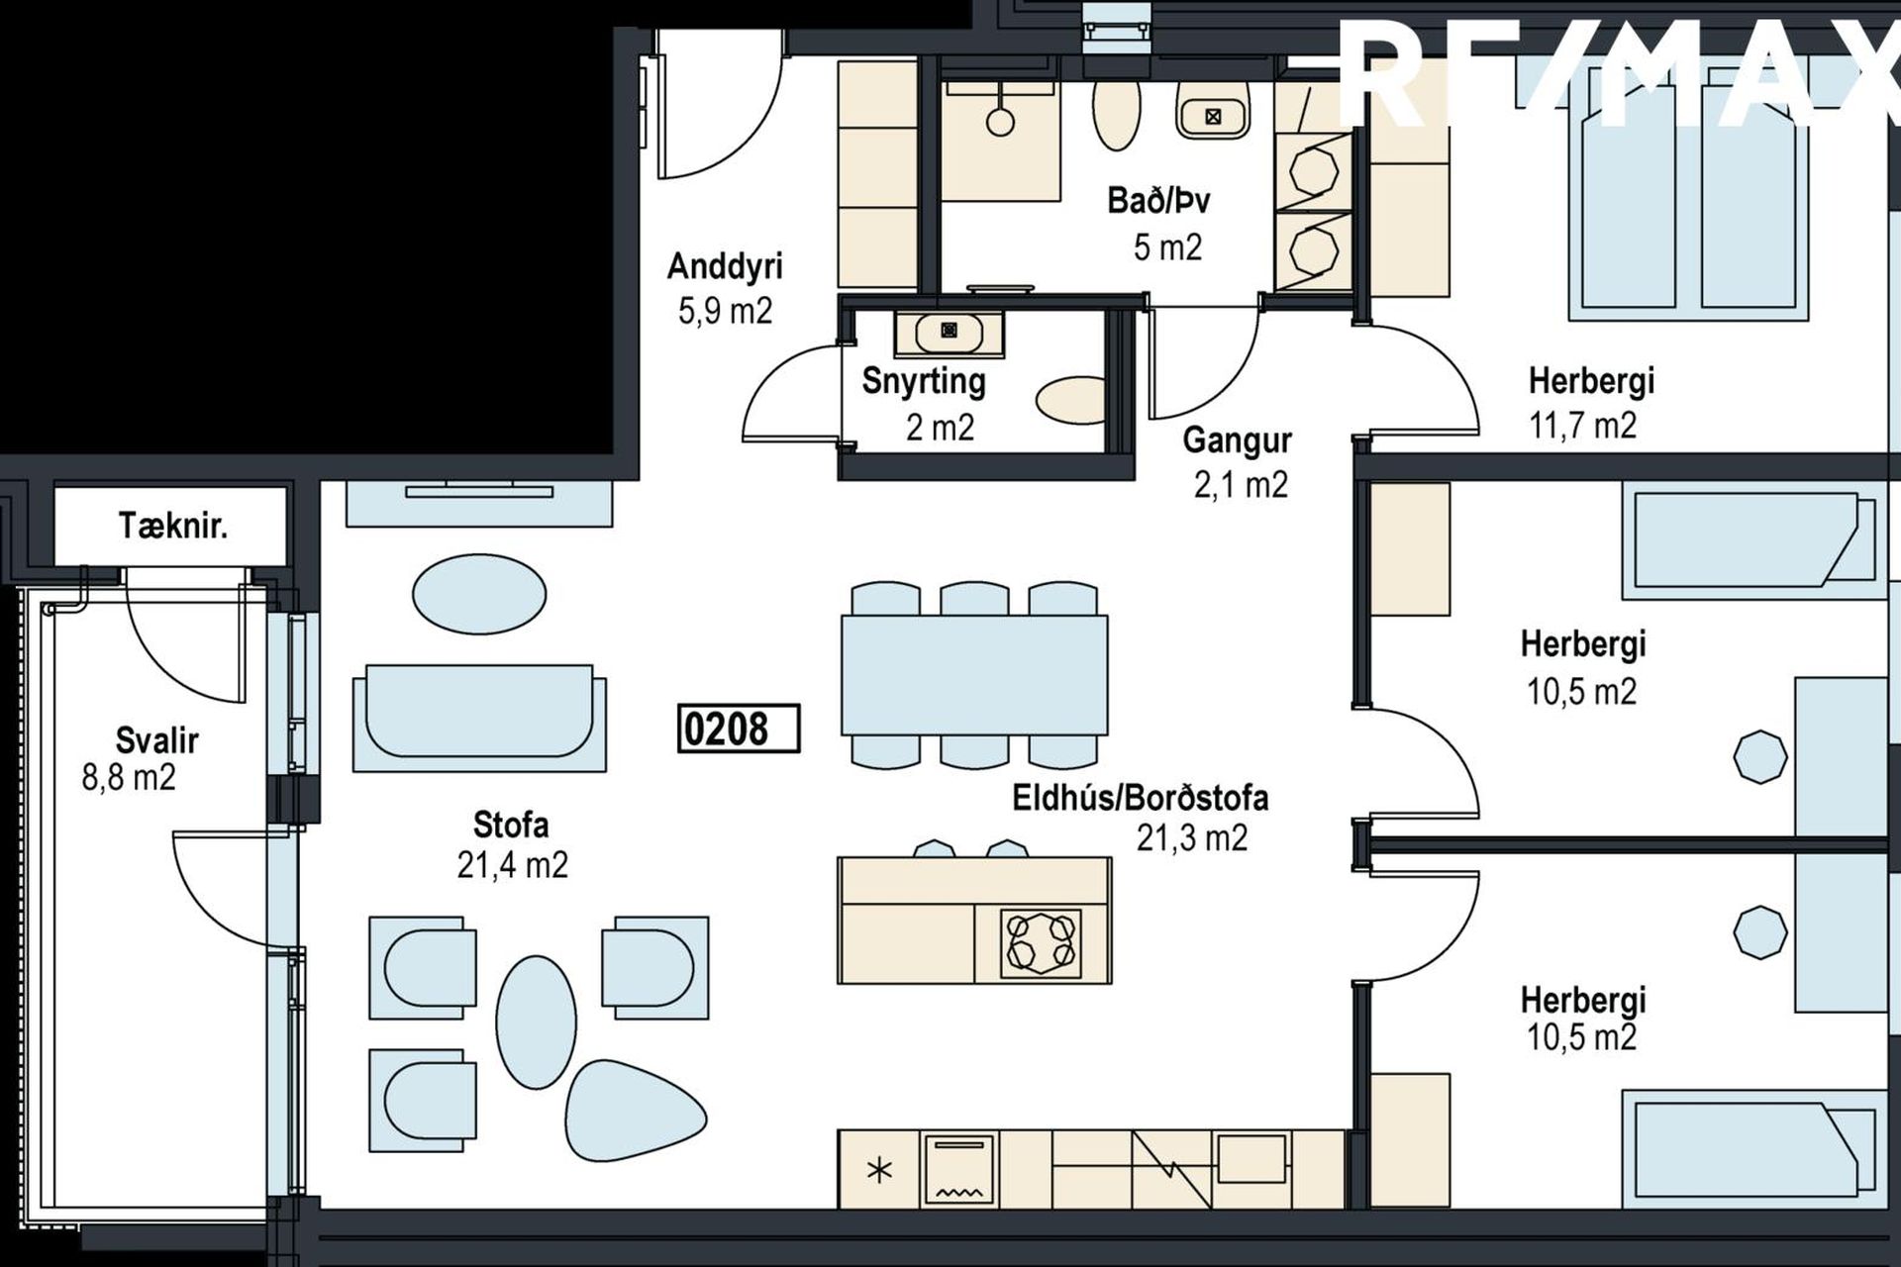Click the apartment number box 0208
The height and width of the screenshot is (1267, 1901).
point(739,729)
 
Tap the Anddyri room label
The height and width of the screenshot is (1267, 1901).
point(725,265)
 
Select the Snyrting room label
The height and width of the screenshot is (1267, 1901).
point(923,381)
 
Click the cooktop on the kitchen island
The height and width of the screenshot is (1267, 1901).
point(1041,941)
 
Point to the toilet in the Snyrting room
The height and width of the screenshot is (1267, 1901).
point(1070,400)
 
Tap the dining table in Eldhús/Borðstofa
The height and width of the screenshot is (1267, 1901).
point(974,675)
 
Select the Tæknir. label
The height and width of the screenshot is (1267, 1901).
point(173,526)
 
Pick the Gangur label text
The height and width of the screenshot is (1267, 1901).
point(1238,440)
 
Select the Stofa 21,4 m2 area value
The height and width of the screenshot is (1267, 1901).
point(513,866)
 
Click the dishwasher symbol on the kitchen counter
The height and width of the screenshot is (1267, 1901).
point(958,1169)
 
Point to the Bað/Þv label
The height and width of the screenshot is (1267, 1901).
point(1158,201)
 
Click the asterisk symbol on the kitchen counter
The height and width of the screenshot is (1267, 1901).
point(879,1171)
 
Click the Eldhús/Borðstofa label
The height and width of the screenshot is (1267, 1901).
point(1141,798)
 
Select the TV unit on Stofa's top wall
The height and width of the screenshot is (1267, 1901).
point(479,503)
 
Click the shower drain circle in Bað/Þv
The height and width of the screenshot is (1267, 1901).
point(1001,122)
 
